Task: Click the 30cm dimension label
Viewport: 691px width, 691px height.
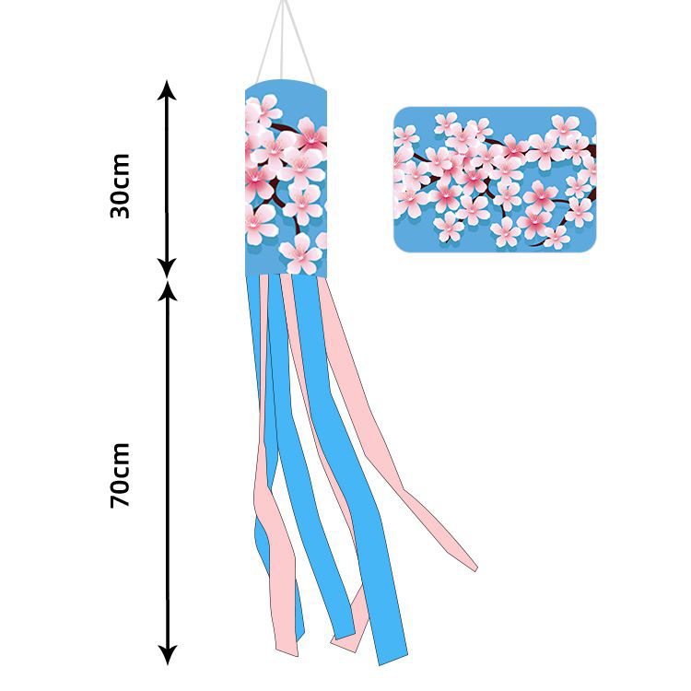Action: pyautogui.click(x=120, y=185)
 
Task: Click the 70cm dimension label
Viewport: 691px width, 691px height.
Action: pyautogui.click(x=120, y=474)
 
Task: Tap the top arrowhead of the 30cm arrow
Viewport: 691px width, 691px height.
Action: pyautogui.click(x=166, y=89)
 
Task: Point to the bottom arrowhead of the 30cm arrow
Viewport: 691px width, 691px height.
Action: pyautogui.click(x=166, y=268)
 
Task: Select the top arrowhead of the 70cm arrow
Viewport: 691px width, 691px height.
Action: pyautogui.click(x=166, y=290)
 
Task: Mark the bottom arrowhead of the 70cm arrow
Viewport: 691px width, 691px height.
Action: pyautogui.click(x=166, y=655)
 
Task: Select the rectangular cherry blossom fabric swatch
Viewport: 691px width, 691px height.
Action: pyautogui.click(x=495, y=179)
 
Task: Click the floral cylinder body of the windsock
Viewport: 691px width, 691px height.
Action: pyautogui.click(x=286, y=180)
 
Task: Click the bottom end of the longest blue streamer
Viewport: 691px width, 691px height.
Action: pyautogui.click(x=392, y=656)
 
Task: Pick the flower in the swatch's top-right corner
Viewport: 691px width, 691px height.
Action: pyautogui.click(x=564, y=128)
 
